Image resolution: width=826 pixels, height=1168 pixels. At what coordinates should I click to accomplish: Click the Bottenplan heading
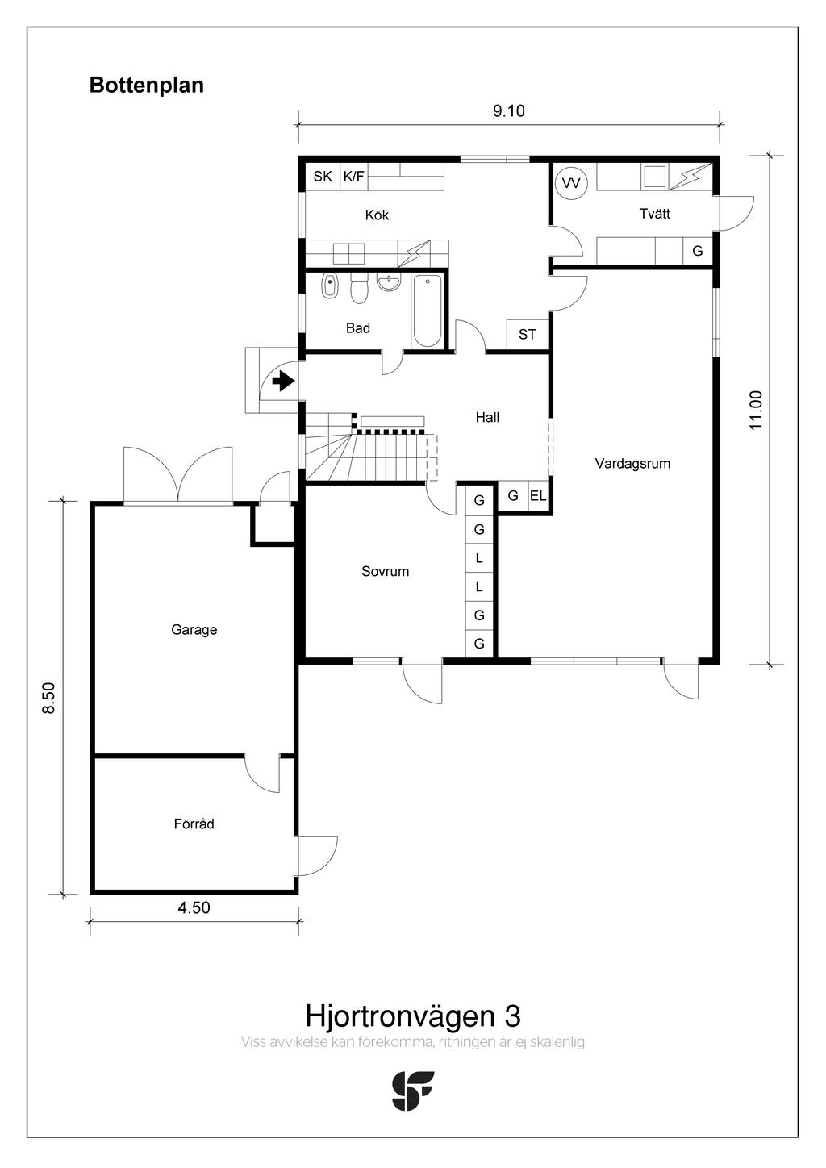[146, 86]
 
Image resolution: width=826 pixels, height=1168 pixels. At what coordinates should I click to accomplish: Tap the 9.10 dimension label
[508, 111]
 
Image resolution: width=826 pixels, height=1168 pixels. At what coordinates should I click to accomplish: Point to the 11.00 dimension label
[756, 410]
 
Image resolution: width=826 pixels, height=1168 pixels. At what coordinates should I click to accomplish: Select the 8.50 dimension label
[49, 698]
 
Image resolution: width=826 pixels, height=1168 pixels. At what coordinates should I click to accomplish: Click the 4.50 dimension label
[194, 907]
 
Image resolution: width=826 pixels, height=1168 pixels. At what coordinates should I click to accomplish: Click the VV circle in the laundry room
[571, 183]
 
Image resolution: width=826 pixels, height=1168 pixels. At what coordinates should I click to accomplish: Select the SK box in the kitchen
[323, 177]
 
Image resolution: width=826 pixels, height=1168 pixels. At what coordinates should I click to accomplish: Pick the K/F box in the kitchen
[353, 177]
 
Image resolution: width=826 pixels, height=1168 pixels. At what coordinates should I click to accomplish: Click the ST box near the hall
[528, 334]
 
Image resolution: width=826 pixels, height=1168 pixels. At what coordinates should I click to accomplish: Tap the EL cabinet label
[538, 496]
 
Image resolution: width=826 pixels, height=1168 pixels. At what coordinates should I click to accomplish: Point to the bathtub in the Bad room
[428, 311]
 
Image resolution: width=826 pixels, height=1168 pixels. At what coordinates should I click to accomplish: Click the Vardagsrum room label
[632, 464]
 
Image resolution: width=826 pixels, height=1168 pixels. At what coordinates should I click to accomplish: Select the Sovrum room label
[385, 572]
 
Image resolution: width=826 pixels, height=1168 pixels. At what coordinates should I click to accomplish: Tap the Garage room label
[194, 630]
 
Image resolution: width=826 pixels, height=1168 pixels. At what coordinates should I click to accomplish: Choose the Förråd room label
[194, 824]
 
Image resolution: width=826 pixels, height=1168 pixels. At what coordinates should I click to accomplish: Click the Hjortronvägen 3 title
[412, 1016]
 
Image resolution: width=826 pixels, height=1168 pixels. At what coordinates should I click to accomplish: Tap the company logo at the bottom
[412, 1091]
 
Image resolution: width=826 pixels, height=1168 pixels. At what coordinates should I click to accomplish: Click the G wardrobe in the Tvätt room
[697, 252]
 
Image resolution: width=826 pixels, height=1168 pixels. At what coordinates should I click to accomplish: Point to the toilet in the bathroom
[359, 288]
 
